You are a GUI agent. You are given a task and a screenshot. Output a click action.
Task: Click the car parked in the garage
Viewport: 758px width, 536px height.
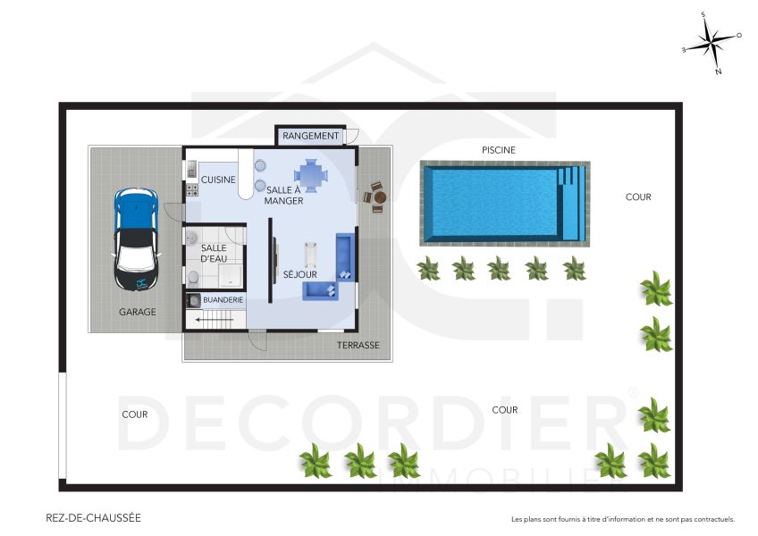[136, 239]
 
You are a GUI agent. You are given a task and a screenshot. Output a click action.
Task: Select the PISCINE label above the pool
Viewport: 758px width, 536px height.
[499, 150]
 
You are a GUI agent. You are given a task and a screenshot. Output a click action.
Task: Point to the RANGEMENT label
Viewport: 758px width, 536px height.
[310, 136]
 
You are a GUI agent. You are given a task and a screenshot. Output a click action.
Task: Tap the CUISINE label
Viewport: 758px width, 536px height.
[218, 180]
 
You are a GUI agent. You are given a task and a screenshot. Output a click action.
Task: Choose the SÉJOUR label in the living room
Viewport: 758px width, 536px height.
[300, 274]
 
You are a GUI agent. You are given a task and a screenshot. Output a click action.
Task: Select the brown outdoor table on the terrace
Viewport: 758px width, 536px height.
[375, 197]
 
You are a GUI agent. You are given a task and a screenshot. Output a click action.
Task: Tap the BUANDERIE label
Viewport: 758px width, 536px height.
[223, 301]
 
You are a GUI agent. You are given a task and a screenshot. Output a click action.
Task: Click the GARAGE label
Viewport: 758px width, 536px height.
[138, 313]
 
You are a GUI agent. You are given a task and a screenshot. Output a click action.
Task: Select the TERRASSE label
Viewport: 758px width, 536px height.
[358, 345]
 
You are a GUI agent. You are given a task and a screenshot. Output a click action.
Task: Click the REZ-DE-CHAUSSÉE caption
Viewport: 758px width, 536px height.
[93, 517]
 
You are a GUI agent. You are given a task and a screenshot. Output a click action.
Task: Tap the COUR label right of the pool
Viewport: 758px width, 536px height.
[638, 197]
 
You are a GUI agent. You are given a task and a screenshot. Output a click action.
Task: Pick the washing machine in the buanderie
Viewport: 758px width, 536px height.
[193, 301]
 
